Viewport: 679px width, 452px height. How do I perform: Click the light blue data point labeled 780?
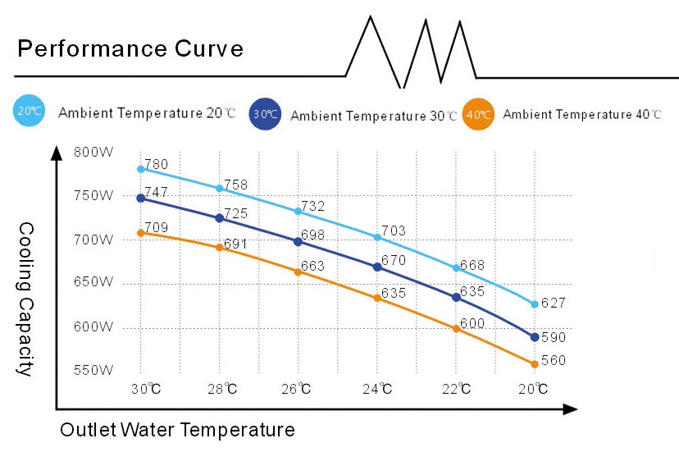point(141,169)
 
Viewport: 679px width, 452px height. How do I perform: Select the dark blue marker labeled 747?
point(141,198)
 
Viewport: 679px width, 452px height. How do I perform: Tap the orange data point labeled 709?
point(141,233)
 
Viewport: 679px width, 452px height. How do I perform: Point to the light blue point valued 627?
point(535,304)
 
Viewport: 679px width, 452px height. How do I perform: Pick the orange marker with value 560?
point(535,363)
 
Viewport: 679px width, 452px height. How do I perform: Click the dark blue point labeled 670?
point(377,267)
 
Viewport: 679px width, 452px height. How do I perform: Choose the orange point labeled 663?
point(298,272)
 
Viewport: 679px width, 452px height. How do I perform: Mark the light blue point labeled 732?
point(298,211)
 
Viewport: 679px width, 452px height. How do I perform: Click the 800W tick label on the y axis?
point(93,152)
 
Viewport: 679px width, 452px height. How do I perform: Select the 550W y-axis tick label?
point(93,370)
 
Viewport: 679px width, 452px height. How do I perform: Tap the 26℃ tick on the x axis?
point(298,388)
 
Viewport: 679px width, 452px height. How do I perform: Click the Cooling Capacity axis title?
point(25,299)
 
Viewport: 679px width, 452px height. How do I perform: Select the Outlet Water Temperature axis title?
point(177,429)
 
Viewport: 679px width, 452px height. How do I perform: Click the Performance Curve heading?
point(130,49)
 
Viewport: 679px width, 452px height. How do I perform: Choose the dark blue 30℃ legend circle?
point(264,114)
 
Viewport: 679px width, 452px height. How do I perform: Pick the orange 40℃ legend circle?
point(478,114)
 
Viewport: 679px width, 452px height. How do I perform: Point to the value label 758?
point(235,185)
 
